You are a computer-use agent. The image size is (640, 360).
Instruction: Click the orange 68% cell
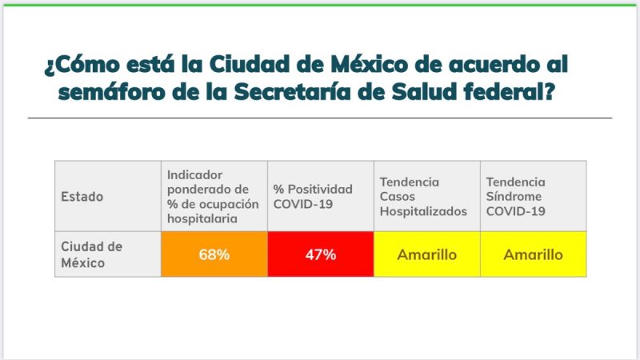coord(214,254)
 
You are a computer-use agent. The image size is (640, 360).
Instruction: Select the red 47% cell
coord(321,254)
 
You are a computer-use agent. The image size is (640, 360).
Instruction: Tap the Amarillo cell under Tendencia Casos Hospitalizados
coord(427,254)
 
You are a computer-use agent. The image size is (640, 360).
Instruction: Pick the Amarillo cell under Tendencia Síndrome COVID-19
coord(533,254)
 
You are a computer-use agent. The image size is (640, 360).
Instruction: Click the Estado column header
coord(82,197)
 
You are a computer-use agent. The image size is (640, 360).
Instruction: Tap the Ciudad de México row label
coord(92,254)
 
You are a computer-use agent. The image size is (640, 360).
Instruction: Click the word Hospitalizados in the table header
coord(423,211)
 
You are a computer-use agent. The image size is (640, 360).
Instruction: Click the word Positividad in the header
coord(319,189)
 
